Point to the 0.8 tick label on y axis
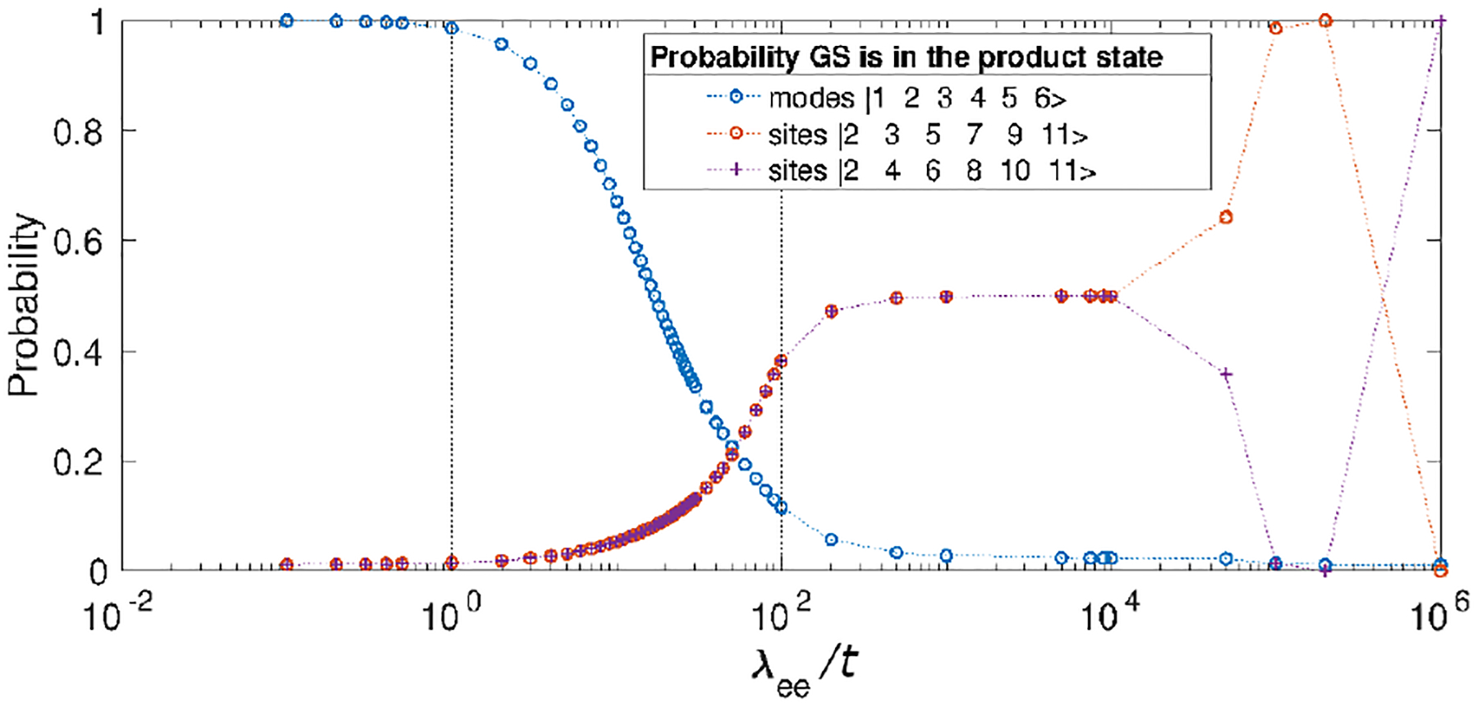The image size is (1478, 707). click(x=78, y=131)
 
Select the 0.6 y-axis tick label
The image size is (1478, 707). click(x=78, y=241)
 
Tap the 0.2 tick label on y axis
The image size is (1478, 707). click(x=78, y=462)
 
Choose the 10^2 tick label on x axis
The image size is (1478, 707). click(x=777, y=616)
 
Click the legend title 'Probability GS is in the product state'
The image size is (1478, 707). click(x=906, y=57)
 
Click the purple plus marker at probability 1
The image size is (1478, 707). click(x=1441, y=21)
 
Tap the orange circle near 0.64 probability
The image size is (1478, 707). click(x=1226, y=217)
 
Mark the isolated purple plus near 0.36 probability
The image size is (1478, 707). click(x=1226, y=374)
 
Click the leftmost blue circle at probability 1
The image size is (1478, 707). click(x=286, y=21)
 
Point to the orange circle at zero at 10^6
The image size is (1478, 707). click(x=1440, y=571)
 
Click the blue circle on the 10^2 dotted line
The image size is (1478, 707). click(x=781, y=507)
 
